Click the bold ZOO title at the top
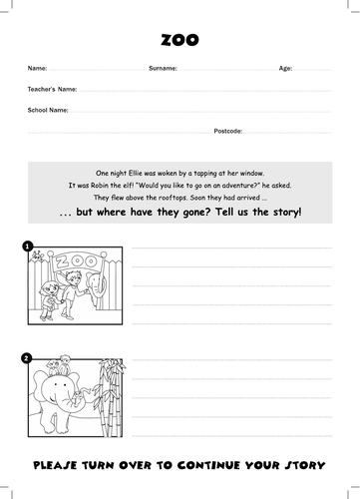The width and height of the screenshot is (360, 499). [180, 40]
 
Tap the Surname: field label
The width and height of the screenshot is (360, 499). [163, 68]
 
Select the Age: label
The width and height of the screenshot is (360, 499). [285, 68]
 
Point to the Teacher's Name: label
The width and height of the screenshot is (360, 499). [52, 89]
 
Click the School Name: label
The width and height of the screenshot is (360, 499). [48, 110]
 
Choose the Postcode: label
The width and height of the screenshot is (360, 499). [228, 131]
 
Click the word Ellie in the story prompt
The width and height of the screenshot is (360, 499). [135, 173]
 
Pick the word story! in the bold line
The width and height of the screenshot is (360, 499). [287, 213]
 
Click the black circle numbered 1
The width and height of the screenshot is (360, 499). [27, 247]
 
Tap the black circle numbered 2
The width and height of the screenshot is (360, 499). [27, 358]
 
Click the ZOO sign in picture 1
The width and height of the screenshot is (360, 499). [77, 261]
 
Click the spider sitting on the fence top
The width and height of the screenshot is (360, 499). [36, 255]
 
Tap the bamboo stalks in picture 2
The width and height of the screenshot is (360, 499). [111, 397]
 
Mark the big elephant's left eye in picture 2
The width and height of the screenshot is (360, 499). [55, 384]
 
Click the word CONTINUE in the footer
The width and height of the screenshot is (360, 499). [208, 465]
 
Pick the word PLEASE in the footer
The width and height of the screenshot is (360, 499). [55, 465]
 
